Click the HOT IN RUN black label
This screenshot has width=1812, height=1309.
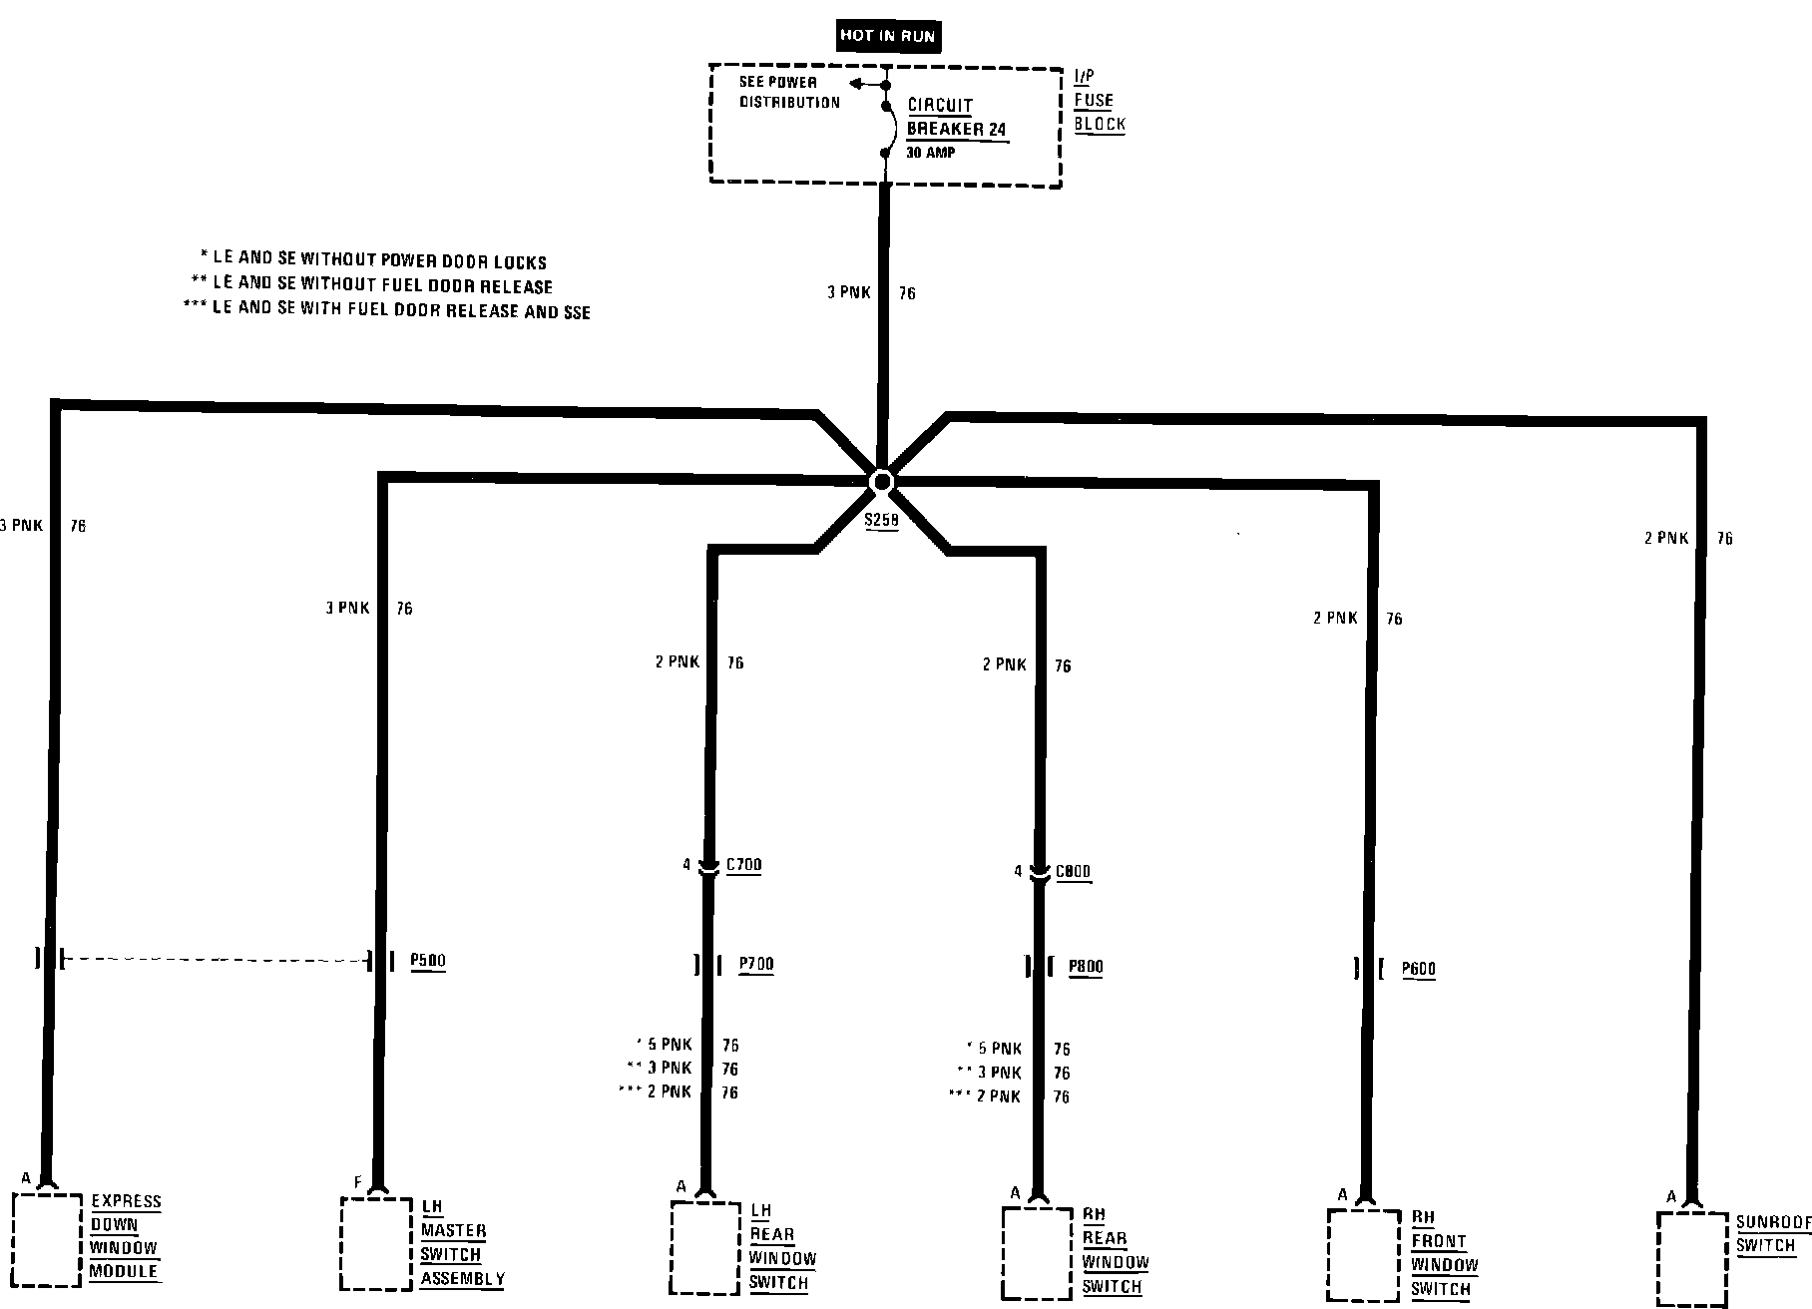coord(887,36)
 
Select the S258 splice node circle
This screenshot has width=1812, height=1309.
coord(882,483)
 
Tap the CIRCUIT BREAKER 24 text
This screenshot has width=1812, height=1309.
coord(956,118)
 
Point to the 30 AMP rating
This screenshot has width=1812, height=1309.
coord(930,154)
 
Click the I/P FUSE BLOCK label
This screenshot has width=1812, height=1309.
coord(1099,101)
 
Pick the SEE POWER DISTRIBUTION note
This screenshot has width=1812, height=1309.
coord(789,92)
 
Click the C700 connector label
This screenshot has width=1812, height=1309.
coord(743,865)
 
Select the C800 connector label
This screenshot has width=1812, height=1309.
coord(1073,872)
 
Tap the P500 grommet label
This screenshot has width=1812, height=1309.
coord(428,961)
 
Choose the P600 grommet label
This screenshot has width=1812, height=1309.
coord(1418,968)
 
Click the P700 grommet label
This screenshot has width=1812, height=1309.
coord(755,964)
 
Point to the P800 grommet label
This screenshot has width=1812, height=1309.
coord(1085,967)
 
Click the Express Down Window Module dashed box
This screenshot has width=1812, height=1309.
coord(47,1239)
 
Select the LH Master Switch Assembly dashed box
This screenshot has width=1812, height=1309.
coord(376,1243)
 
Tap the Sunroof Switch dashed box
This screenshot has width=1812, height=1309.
coord(1691,1257)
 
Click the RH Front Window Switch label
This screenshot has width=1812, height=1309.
coord(1444,1253)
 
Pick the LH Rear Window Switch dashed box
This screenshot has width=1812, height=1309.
coord(704,1247)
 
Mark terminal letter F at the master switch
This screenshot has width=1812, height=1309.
coord(357,1183)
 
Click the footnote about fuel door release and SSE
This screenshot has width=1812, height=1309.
coord(388,311)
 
